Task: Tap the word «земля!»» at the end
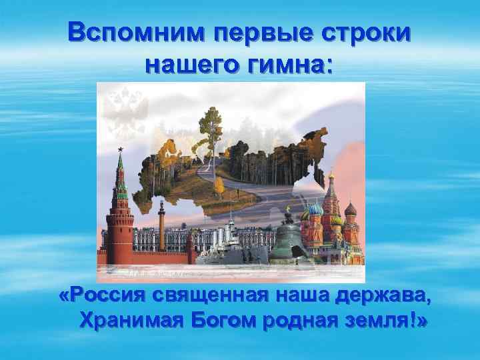(387, 321)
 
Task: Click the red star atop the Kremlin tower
(120, 150)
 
